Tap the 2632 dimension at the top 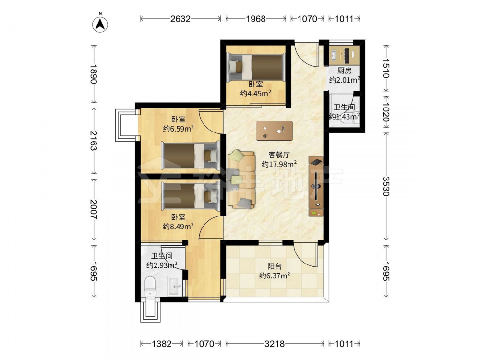pos(180,19)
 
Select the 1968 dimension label pos(256,19)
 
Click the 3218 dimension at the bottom pos(275,344)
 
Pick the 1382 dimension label pos(162,344)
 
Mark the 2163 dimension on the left pos(94,141)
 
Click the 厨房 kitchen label pos(344,71)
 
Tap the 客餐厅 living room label pos(279,155)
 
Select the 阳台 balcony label pos(274,266)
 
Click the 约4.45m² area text pos(256,94)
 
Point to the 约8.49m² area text pos(178,226)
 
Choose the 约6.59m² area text pos(178,129)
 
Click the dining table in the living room pos(274,131)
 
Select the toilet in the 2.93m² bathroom pos(150,286)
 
